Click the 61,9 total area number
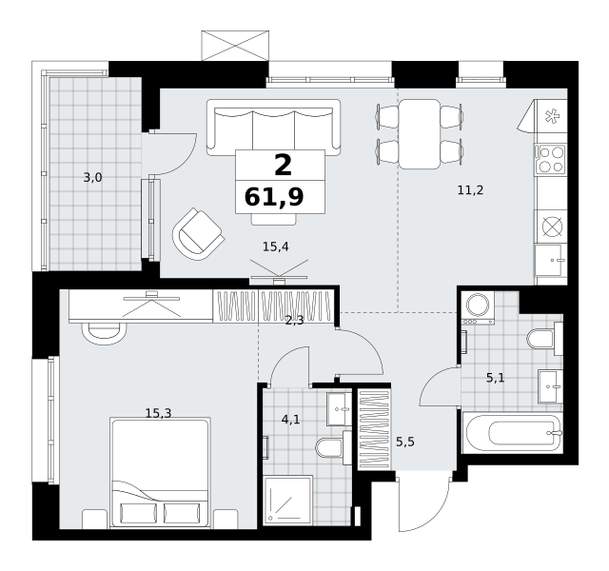click(x=274, y=197)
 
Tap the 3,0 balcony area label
click(x=93, y=178)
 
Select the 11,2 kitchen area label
click(x=470, y=190)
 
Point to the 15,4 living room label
click(x=276, y=246)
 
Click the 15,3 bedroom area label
click(x=158, y=413)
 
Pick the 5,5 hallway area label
click(x=405, y=442)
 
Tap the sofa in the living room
click(x=273, y=128)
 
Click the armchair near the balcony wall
click(x=198, y=234)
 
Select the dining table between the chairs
click(x=420, y=134)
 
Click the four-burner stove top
click(x=551, y=159)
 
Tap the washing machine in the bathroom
click(x=478, y=307)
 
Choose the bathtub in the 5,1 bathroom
click(x=513, y=433)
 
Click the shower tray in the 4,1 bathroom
click(x=288, y=501)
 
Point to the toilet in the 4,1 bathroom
click(x=333, y=447)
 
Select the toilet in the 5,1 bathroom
click(x=544, y=339)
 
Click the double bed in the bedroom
click(x=160, y=473)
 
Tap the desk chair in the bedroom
click(x=104, y=332)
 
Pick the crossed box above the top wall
click(x=235, y=46)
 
